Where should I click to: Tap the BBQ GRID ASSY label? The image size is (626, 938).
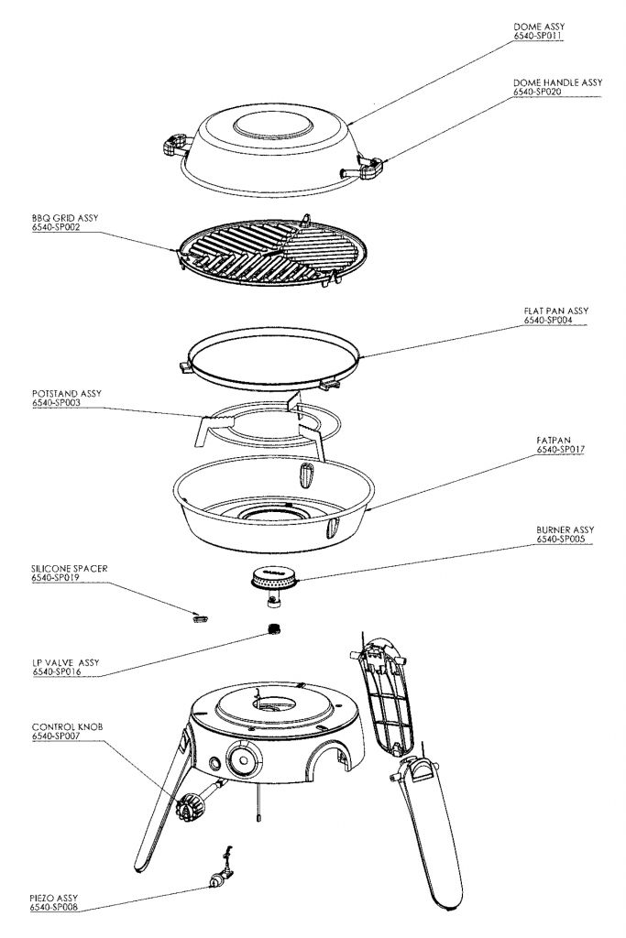coord(64,218)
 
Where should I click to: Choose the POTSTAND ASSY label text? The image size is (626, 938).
coord(66,393)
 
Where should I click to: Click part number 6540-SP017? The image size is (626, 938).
coord(560,451)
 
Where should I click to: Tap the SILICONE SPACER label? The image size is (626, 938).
coord(70,569)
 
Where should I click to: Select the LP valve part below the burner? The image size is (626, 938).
coord(272,629)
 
